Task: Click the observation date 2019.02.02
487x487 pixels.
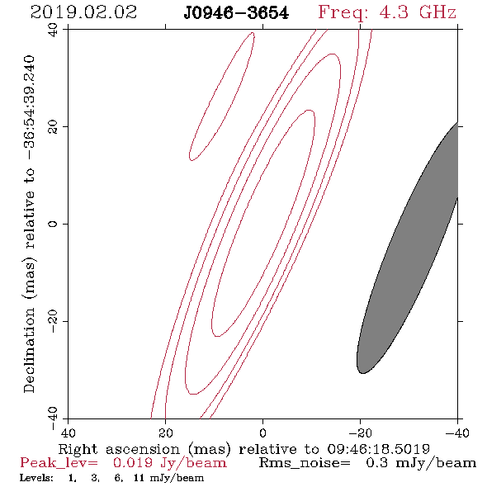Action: point(83,12)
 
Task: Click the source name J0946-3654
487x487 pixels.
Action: point(236,13)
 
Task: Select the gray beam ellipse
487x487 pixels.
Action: point(407,248)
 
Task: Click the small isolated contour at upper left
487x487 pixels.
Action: point(222,97)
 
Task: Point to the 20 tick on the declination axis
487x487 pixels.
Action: point(53,127)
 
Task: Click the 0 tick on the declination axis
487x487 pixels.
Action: point(53,224)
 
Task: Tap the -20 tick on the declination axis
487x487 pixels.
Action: point(53,321)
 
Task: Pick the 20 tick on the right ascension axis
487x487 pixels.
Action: point(165,433)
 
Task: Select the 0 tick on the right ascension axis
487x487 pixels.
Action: point(262,433)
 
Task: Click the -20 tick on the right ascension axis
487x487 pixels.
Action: point(360,433)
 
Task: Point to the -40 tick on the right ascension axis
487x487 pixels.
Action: point(457,433)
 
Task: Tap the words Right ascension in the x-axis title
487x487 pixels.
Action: point(119,450)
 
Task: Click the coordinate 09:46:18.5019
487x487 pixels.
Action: point(378,449)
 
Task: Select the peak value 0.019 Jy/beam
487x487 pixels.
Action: point(169,463)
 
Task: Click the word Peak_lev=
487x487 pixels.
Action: point(59,463)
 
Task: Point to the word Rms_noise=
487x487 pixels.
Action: point(305,463)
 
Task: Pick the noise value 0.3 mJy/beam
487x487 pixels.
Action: point(421,463)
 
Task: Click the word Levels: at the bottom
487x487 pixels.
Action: point(36,478)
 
